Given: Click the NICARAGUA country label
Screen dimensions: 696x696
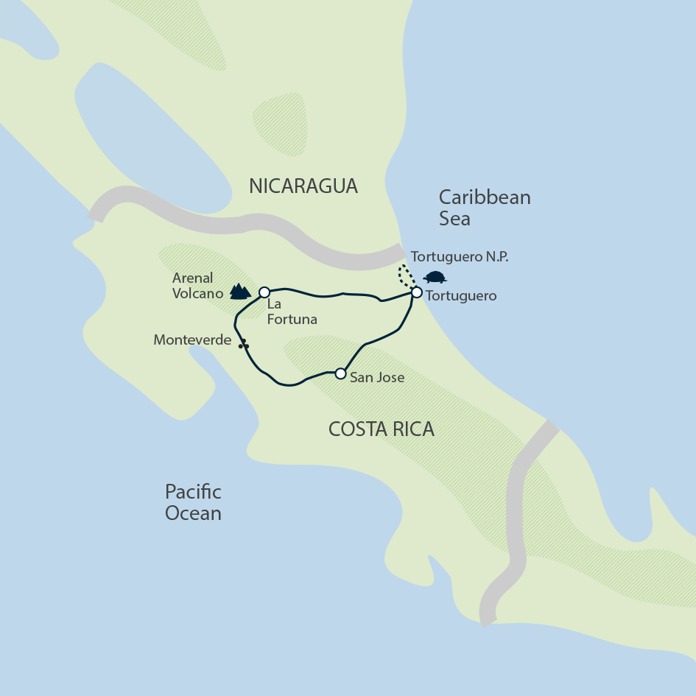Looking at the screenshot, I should [x=303, y=186].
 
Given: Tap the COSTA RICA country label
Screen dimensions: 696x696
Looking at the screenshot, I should [x=382, y=429].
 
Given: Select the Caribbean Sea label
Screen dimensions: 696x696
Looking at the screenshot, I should [x=484, y=208].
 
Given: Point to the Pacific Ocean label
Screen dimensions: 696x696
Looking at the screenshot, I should [x=193, y=502].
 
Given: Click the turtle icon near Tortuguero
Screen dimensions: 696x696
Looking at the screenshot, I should [x=435, y=278].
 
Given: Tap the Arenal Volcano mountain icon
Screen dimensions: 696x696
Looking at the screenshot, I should [x=239, y=292].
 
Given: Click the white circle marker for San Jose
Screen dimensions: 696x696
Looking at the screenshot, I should [x=340, y=374].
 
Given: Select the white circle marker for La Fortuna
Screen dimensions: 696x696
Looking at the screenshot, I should [x=264, y=292].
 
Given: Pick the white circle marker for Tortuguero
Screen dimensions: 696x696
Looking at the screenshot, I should [x=416, y=292].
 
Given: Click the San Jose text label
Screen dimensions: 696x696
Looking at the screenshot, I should [x=377, y=377].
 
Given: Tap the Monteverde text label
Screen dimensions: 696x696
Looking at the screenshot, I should [x=192, y=340].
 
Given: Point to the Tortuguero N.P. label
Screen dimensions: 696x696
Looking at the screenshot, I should [x=460, y=257].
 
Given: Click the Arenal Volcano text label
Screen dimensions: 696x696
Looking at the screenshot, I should [x=193, y=286].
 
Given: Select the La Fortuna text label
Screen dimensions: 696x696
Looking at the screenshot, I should [x=292, y=312].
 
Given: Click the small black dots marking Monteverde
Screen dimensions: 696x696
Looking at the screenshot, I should [x=243, y=344].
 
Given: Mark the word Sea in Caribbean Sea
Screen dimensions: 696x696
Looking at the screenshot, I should [x=454, y=219].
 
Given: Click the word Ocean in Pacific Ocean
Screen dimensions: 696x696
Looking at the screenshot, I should [x=193, y=513].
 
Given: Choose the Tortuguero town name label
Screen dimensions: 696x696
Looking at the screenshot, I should [x=462, y=296].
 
